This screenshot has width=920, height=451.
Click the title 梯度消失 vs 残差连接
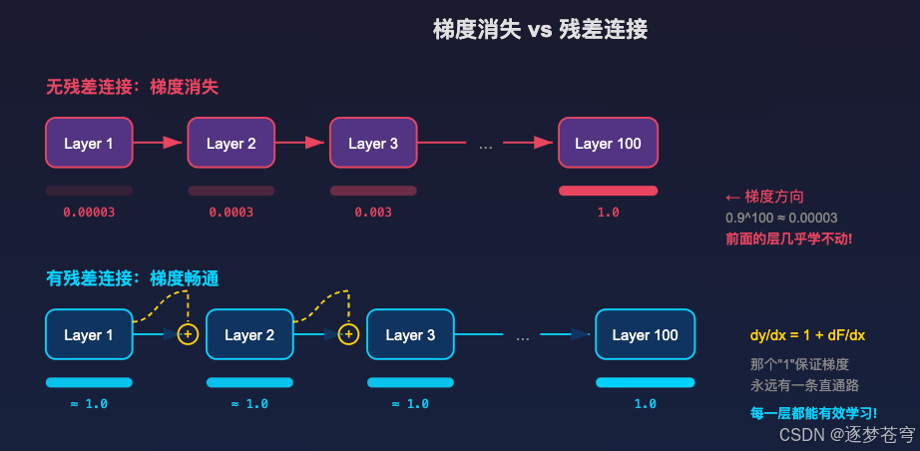pos(540,30)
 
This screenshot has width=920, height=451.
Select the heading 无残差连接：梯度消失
pos(132,87)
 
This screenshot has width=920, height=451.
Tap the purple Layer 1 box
pos(89,144)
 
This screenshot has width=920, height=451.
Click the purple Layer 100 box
pos(608,144)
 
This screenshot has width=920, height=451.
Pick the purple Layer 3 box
pos(373,144)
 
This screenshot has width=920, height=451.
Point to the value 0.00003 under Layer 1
pos(88,213)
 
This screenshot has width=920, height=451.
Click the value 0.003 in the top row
pos(373,213)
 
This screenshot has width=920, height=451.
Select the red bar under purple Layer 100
pos(608,191)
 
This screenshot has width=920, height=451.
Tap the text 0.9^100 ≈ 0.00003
pos(781,218)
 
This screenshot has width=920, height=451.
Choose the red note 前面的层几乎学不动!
pos(788,239)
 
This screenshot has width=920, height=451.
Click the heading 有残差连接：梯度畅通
pos(132,278)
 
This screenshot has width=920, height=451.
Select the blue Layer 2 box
pos(249,335)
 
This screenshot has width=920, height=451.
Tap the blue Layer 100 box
pos(645,335)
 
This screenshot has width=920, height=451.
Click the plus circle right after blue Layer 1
pos(188,334)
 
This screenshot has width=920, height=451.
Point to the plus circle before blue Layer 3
pos(348,334)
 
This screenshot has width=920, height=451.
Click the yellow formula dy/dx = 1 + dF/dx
pos(807,335)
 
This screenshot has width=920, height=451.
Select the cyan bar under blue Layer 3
pos(410,382)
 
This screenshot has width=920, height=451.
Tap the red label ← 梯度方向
pos(764,197)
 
